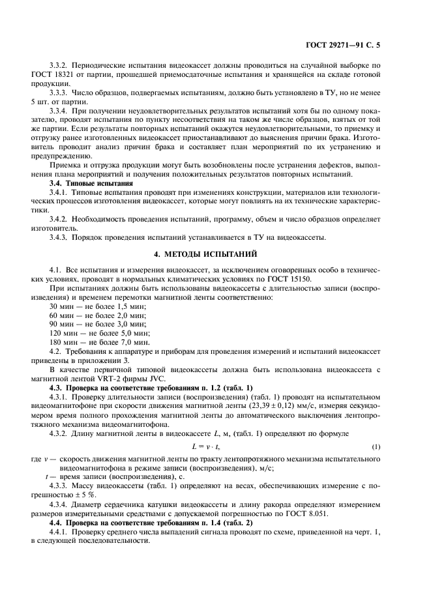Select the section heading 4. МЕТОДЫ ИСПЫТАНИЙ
pos(215,253)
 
